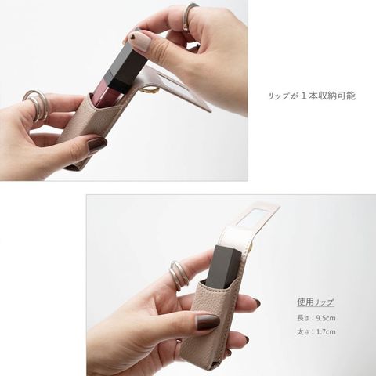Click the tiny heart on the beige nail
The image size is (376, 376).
click(133, 37)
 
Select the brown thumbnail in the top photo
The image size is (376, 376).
click(97, 144)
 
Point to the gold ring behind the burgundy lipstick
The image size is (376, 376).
click(150, 90)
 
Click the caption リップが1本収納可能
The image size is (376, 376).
click(312, 96)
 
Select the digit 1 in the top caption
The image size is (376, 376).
click(303, 96)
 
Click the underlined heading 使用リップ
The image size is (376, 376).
click(316, 302)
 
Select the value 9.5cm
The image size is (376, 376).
click(326, 318)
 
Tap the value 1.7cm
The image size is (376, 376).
click(326, 332)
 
